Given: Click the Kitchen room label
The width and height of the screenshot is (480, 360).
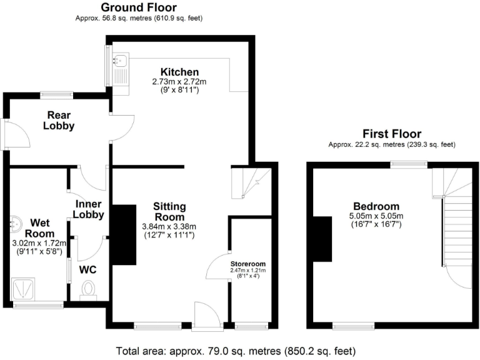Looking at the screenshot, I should click(179, 72).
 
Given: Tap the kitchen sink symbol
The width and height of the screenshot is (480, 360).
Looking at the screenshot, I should click(120, 61).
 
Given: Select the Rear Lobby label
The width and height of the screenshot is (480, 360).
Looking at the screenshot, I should click(59, 120).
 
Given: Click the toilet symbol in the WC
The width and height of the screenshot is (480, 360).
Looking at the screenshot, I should click(88, 289).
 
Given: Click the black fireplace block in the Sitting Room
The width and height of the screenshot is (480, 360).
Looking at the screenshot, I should click(124, 235).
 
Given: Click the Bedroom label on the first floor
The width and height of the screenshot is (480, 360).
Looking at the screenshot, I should click(376, 207).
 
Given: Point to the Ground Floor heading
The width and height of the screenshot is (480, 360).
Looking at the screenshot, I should click(138, 7).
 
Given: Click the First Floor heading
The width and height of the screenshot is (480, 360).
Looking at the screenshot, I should click(392, 134).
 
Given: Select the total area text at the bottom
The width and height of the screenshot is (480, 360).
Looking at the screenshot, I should click(236, 351).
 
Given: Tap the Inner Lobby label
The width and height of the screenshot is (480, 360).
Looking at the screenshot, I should click(89, 209).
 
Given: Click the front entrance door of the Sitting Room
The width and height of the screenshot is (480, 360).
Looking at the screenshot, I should click(207, 316).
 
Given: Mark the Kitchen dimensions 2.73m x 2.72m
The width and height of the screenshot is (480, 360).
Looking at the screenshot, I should click(179, 82).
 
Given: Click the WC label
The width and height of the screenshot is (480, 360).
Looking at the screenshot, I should click(87, 271).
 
